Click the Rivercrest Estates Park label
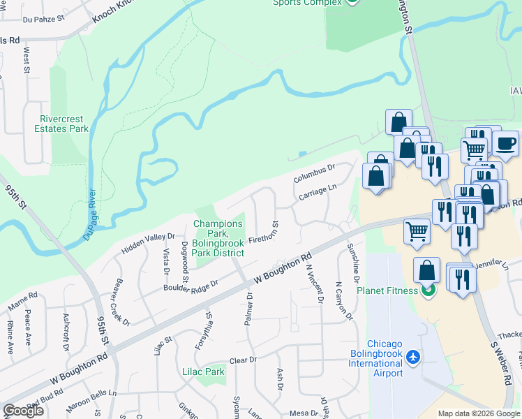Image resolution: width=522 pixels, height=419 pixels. pyautogui.click(x=64, y=124)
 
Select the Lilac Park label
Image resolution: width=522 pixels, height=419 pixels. pyautogui.click(x=204, y=372)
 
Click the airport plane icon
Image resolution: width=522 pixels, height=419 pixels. pyautogui.click(x=414, y=357)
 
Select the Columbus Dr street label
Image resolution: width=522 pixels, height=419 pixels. pyautogui.click(x=314, y=173)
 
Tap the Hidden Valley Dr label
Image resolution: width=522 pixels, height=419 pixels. pyautogui.click(x=147, y=242)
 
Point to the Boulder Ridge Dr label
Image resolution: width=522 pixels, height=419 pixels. pyautogui.click(x=191, y=286)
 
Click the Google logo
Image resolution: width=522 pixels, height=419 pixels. pyautogui.click(x=23, y=411)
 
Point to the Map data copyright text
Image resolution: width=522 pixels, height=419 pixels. pyautogui.click(x=478, y=413)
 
